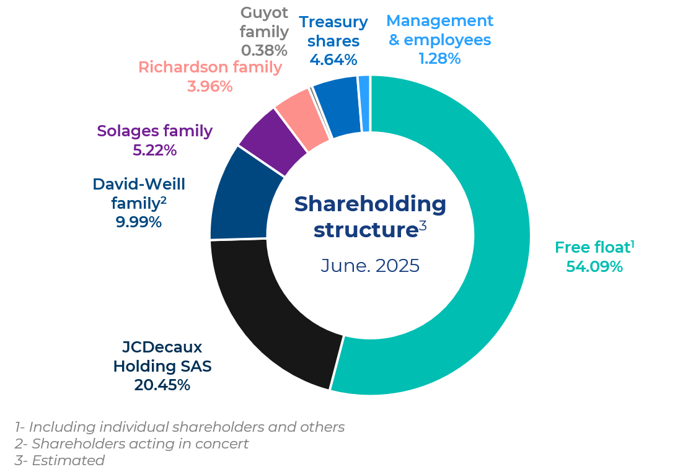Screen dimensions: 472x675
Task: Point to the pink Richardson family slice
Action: [302, 118]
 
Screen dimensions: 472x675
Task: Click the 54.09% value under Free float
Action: [594, 267]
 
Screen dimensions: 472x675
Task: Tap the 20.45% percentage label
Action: [162, 385]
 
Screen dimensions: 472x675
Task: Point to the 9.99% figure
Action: [138, 222]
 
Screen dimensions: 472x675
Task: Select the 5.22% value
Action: [154, 150]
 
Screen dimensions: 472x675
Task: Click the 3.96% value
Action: [210, 86]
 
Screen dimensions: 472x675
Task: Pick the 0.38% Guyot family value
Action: [264, 50]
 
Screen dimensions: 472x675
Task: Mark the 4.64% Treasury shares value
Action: [333, 60]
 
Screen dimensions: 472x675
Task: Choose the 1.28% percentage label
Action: [439, 59]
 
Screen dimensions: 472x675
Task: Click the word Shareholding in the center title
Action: [370, 204]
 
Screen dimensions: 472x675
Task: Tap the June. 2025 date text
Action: [370, 266]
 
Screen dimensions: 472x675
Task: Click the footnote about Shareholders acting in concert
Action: [131, 444]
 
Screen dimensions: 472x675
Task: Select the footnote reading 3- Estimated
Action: [60, 460]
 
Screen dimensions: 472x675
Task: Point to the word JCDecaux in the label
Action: [162, 347]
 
